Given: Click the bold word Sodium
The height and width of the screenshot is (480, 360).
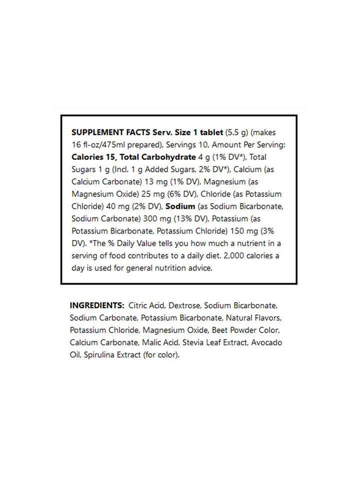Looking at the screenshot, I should pos(180,204).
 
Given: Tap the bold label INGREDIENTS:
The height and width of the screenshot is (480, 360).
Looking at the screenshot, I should pos(97,305).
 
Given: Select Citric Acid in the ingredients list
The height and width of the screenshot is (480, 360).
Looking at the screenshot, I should pos(145,305).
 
